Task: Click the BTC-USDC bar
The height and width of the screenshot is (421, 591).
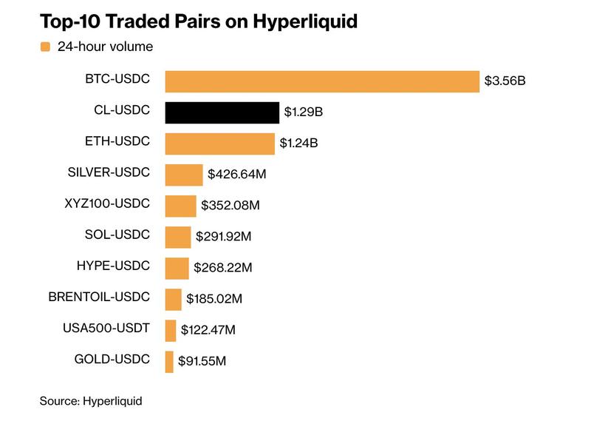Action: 322,81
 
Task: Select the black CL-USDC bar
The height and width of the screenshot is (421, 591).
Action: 222,112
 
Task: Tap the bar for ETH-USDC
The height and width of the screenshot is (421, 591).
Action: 219,144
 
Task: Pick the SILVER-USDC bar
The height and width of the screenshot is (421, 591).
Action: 183,175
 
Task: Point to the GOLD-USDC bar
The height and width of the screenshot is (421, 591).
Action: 169,361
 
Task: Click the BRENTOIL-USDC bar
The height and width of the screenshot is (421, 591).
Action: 173,299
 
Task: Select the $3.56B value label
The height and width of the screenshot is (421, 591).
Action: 505,81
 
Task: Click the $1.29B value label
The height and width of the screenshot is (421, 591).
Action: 304,113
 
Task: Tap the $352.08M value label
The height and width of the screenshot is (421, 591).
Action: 233,206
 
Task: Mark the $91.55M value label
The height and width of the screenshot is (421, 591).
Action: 202,362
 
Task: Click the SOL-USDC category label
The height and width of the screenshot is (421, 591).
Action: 117,235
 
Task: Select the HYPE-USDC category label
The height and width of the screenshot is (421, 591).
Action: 113,266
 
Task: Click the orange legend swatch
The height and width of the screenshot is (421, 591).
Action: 45,47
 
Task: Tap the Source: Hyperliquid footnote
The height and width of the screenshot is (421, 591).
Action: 90,401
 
